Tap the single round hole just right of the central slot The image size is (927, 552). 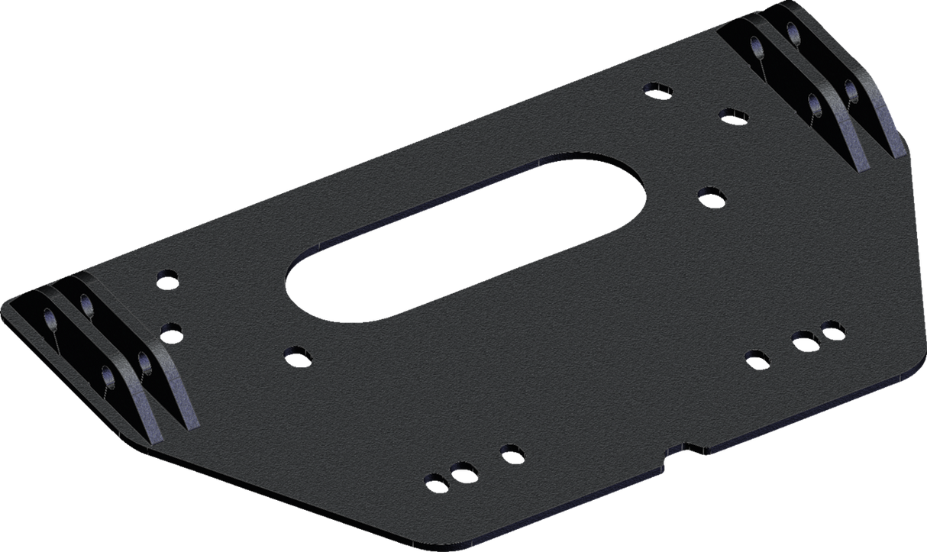[711, 195]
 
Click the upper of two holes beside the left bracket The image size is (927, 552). [166, 277]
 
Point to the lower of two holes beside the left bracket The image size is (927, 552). [172, 332]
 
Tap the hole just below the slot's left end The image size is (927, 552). [295, 354]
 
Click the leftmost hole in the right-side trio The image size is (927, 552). [756, 357]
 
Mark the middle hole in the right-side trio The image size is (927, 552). [802, 338]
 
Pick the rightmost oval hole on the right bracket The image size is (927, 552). [852, 92]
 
